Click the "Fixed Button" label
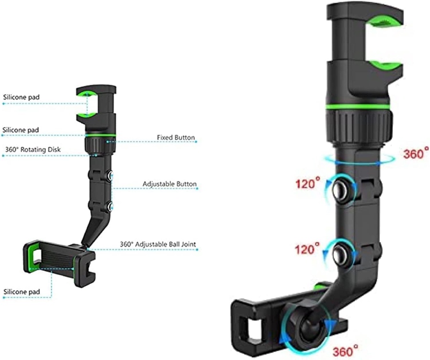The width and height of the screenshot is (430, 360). coord(176,137)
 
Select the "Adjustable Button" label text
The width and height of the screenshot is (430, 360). coord(170,184)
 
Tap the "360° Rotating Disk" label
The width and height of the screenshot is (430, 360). coord(33,149)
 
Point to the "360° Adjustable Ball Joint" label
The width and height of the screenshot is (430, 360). coord(158,244)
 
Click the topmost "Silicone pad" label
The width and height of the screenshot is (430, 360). coord(21,97)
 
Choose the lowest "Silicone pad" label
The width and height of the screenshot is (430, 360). coord(21,292)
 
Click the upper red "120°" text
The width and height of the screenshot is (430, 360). coord(308,183)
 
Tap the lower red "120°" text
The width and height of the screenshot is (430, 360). coord(307,248)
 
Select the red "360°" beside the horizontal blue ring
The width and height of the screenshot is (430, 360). coord(416,153)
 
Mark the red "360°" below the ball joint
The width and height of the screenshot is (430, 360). coord(345,349)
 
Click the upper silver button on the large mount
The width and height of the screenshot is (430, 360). coord(341,190)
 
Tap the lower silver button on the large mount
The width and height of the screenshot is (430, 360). coord(341,254)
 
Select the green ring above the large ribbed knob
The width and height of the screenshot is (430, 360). coord(357,106)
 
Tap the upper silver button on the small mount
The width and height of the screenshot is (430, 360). coord(110,175)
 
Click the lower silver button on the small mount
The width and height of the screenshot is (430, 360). coord(110,206)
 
